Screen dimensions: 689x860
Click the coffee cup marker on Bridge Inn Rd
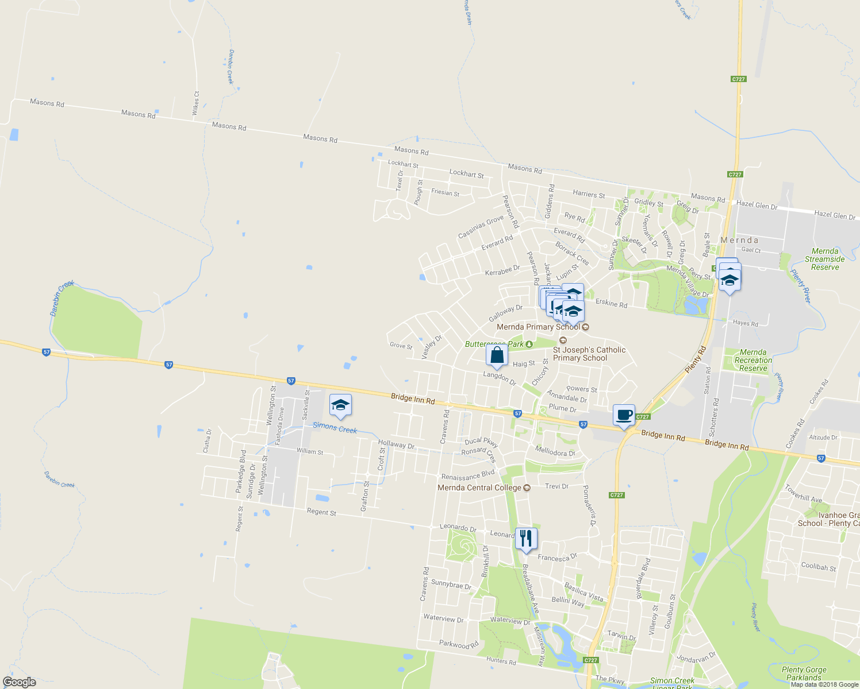click(x=624, y=415)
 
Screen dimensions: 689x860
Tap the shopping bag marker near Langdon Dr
click(x=497, y=356)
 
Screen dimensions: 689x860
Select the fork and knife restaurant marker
click(x=526, y=539)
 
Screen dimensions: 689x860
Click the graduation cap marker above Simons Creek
click(x=340, y=405)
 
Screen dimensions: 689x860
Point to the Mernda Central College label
click(x=479, y=487)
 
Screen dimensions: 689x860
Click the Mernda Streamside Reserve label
click(x=825, y=259)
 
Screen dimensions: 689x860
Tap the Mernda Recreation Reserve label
click(x=753, y=360)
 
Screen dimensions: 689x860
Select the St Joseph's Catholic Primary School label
click(x=589, y=354)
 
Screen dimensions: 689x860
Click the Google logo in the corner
click(x=19, y=682)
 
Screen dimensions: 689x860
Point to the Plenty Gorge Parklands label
click(x=804, y=673)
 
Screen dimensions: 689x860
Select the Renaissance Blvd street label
click(x=467, y=475)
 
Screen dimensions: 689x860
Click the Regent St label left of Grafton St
click(x=321, y=512)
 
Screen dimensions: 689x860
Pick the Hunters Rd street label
click(x=501, y=661)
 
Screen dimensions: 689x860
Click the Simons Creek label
click(x=335, y=428)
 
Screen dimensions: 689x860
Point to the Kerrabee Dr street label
click(x=502, y=270)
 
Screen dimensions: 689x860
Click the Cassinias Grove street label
click(x=481, y=227)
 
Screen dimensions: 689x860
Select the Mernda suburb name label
click(x=739, y=240)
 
